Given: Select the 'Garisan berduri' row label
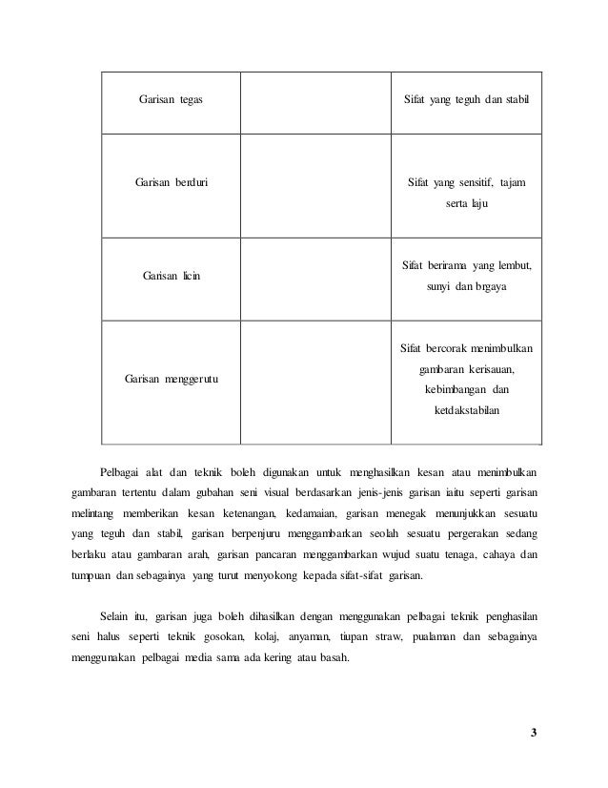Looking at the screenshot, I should coord(172,182).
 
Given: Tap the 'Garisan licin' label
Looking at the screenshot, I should coord(172,275).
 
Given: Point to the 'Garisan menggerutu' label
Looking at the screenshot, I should coord(172,380).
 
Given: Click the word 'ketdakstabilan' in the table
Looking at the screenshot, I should coord(465,411).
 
